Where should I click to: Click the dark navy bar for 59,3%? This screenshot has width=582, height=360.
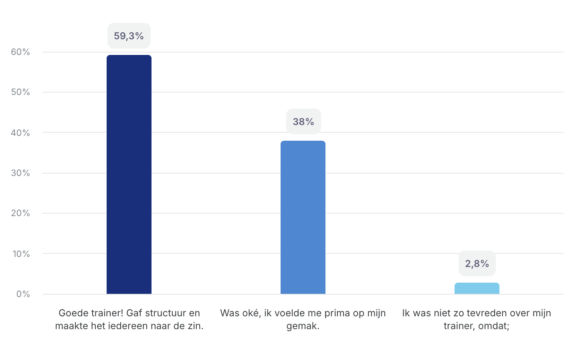tap(129, 174)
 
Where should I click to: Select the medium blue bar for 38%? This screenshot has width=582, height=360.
tap(303, 217)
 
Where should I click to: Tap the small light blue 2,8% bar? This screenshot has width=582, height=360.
tap(477, 288)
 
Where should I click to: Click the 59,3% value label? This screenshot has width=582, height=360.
tap(129, 36)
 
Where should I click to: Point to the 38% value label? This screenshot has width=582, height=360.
tap(303, 121)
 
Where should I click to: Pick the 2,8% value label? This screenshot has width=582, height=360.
tap(477, 263)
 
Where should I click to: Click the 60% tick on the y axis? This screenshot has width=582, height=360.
tap(20, 52)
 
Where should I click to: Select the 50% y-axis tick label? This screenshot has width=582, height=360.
tap(20, 92)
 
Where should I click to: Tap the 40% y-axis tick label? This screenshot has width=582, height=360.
tap(20, 133)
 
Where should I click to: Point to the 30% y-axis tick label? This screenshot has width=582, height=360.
tap(20, 173)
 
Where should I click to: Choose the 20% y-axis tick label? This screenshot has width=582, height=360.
tap(20, 213)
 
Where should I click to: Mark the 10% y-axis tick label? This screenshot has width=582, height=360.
tap(20, 254)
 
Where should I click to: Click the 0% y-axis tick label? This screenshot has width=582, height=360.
tap(23, 294)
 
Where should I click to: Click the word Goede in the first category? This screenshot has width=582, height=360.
tap(73, 313)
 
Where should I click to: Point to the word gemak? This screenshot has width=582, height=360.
tap(303, 326)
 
